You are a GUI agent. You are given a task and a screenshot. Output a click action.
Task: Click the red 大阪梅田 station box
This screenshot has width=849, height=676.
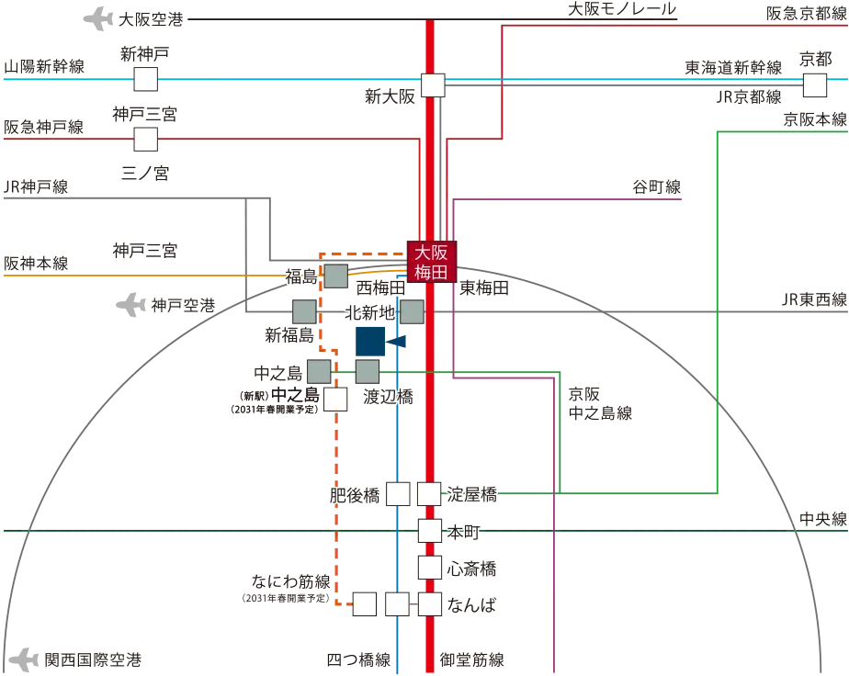point(432,262)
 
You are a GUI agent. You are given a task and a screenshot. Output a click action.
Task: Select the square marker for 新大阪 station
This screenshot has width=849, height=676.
point(433,85)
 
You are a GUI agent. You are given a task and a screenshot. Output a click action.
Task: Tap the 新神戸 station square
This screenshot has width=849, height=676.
point(146,80)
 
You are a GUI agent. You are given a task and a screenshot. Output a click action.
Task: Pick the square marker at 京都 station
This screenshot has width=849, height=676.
point(814,85)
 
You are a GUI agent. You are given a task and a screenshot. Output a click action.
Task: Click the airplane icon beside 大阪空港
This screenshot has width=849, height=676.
point(98,19)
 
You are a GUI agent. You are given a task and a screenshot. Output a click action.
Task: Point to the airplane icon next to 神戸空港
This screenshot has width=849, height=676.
point(131,305)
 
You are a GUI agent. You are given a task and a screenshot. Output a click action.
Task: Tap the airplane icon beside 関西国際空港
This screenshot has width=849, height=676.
point(25,659)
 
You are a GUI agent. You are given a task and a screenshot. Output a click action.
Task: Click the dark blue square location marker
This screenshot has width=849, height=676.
point(370,342)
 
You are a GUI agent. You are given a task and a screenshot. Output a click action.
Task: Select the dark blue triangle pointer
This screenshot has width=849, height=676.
point(396,342)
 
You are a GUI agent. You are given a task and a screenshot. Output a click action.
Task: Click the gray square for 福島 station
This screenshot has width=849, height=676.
point(335,276)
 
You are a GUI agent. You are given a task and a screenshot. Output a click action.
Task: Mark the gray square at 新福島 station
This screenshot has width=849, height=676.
point(304,311)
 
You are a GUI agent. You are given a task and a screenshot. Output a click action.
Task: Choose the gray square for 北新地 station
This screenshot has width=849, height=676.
point(412,312)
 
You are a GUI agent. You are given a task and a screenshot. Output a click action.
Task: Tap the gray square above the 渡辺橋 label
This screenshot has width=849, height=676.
point(368,372)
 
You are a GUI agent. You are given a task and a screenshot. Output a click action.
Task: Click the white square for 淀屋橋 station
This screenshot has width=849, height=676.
point(429,493)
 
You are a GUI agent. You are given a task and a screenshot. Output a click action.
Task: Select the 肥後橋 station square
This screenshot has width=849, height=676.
point(398,493)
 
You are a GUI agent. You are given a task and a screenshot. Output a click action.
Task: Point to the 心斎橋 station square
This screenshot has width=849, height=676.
point(429,568)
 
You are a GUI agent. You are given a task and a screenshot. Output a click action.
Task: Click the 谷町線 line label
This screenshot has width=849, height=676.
point(657,187)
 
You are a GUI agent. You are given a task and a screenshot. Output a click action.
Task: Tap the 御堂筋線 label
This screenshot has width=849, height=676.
point(471,659)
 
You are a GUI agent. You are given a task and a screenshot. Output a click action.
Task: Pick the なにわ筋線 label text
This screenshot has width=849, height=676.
point(290,581)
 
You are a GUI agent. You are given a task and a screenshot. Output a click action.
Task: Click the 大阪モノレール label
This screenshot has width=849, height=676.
point(622,9)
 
